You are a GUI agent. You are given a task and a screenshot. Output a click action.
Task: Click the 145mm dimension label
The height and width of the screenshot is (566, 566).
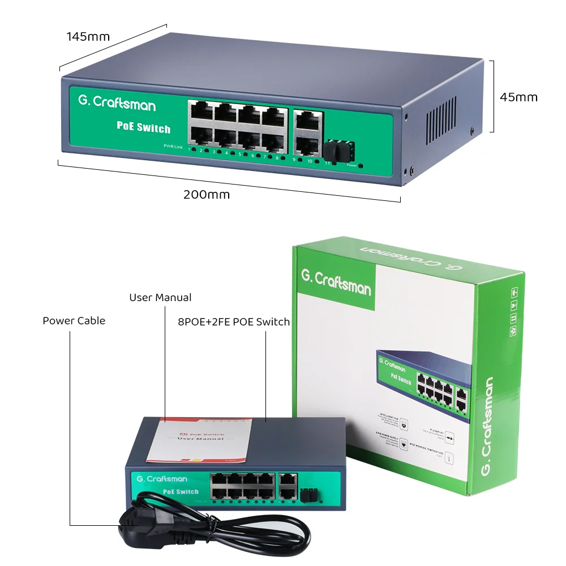click(x=88, y=37)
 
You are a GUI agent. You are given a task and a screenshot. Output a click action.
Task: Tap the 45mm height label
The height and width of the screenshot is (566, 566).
click(x=518, y=97)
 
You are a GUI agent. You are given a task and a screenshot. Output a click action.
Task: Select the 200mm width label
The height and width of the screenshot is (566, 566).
click(x=207, y=195)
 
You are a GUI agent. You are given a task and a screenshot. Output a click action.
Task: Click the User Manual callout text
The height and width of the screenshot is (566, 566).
click(x=160, y=298)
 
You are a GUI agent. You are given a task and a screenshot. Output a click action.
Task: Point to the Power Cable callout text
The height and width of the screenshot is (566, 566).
click(x=74, y=321)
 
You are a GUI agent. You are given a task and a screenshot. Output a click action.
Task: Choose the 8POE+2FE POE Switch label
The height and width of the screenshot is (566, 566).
click(x=234, y=322)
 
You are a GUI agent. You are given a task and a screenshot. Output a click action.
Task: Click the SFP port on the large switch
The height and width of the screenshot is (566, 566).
click(x=336, y=149)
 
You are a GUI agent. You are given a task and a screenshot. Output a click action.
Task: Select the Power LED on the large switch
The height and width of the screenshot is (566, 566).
click(x=361, y=166)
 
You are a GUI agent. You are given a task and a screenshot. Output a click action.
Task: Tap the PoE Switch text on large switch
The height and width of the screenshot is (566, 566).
click(x=143, y=127)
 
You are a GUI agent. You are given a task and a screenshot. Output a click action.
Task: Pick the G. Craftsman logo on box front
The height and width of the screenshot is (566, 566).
click(x=336, y=282)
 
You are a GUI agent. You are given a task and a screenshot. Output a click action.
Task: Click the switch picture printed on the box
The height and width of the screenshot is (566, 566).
click(x=425, y=379)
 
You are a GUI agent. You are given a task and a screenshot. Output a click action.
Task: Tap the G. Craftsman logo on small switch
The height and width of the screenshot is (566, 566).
click(x=161, y=479)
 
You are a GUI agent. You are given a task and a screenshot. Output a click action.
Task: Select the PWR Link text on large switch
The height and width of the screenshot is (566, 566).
click(x=173, y=147)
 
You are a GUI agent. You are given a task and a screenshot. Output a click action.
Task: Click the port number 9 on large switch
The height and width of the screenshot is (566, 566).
click(x=294, y=160)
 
